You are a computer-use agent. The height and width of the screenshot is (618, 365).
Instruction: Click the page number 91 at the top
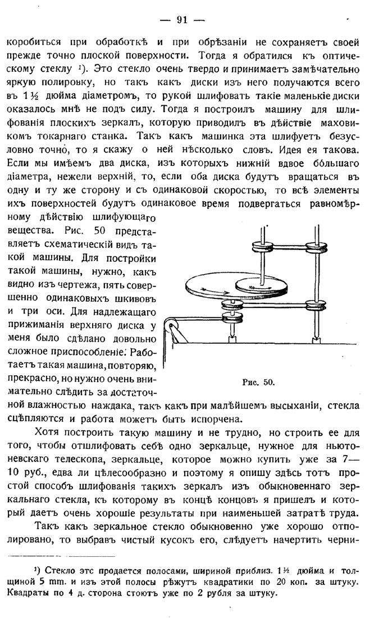pos(182,20)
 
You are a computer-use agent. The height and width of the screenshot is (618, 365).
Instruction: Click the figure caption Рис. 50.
pos(258,382)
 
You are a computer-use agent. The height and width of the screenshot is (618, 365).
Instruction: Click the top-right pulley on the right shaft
pos(318,248)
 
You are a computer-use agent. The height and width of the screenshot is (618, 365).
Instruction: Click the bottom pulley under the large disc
pos(231,308)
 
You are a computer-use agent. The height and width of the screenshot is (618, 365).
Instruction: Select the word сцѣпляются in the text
pos(35,418)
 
